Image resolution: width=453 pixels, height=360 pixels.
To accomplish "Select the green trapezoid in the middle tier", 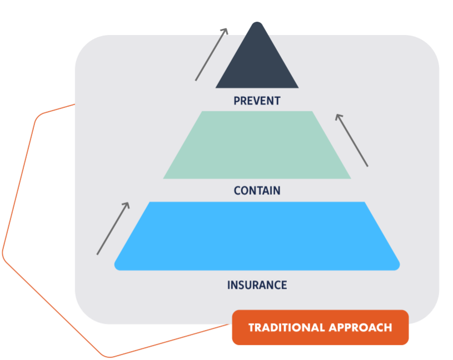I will pos(257,145).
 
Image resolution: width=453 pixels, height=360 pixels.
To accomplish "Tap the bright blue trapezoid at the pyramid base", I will pos(257,236).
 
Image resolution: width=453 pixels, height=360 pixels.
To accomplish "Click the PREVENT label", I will pos(257,101).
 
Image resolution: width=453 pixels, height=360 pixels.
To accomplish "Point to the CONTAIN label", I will pos(257,191).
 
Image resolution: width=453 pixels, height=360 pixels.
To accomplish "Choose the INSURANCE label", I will pos(257,285).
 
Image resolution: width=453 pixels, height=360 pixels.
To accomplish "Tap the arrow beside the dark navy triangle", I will pos(211,55).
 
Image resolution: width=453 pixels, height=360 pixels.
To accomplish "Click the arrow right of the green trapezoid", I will pos(352,140).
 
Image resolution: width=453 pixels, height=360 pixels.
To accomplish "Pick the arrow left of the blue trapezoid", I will pos(113,229).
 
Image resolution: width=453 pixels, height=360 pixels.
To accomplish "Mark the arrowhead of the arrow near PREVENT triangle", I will pos(226,30).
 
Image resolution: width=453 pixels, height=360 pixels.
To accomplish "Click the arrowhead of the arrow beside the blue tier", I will pos(127,204).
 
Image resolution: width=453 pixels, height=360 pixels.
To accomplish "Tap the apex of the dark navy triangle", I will pos(257,23).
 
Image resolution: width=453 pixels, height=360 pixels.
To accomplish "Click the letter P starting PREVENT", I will pos(237,101).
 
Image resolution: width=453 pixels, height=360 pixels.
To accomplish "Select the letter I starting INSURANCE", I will pos(229,285).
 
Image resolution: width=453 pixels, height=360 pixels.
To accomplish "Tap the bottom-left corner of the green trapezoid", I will pos(165,178).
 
